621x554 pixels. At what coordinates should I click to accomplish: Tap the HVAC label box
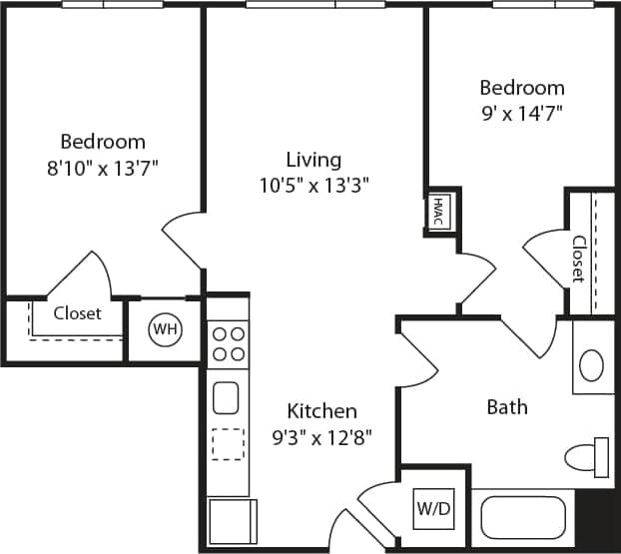[x=438, y=212]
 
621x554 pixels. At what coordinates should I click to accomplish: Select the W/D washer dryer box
[x=433, y=508]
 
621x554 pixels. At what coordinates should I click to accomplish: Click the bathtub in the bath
[x=524, y=517]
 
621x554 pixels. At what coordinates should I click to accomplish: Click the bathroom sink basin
[x=591, y=364]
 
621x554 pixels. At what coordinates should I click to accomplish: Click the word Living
[x=313, y=160]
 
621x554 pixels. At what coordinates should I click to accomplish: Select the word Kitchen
[x=321, y=410]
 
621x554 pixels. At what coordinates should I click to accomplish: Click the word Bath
[x=507, y=406]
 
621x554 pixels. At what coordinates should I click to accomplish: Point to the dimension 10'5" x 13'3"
[x=313, y=185]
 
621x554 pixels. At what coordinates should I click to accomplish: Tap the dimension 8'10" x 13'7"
[x=103, y=168]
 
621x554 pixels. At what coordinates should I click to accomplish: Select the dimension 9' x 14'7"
[x=521, y=113]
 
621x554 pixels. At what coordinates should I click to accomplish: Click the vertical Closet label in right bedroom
[x=579, y=259]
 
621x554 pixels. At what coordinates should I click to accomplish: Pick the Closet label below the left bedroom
[x=77, y=313]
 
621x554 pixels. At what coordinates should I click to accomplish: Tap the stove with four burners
[x=229, y=343]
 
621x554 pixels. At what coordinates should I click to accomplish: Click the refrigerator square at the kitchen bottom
[x=233, y=521]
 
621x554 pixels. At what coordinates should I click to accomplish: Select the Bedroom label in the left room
[x=103, y=142]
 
